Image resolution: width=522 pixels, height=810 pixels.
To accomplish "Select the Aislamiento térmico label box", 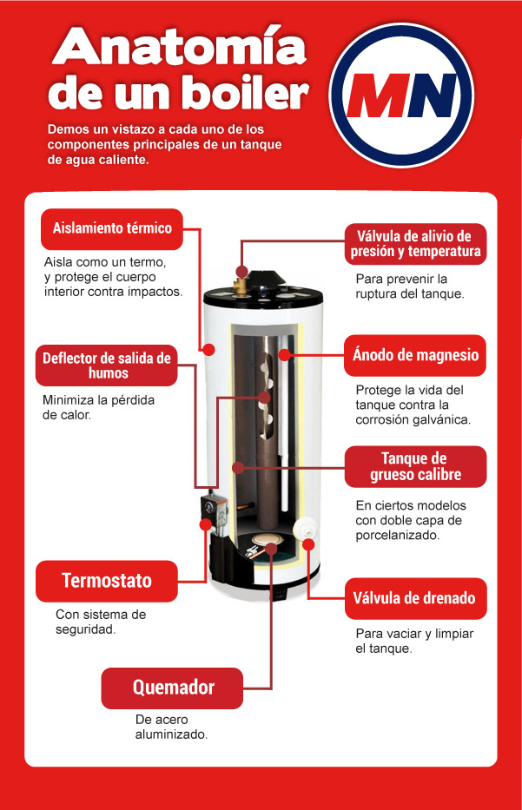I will tap(112, 228).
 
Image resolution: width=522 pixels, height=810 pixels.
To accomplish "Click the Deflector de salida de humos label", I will tap(107, 365).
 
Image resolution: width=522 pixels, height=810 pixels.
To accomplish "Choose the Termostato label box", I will tap(107, 581).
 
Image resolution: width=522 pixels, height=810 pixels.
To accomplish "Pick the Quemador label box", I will tap(172, 688).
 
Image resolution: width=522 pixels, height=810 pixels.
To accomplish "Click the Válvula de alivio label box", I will tap(415, 244).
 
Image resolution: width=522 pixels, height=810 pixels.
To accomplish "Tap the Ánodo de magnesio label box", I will tap(415, 355).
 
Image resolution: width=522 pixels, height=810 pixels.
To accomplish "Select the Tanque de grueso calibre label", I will tap(415, 466).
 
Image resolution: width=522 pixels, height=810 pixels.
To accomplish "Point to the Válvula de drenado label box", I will tap(415, 597).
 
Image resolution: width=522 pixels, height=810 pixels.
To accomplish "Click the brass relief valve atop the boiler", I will tap(241, 280).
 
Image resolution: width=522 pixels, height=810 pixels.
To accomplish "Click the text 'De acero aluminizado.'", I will tap(172, 727).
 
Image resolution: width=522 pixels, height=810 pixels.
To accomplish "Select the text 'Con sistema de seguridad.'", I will tap(100, 622).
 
